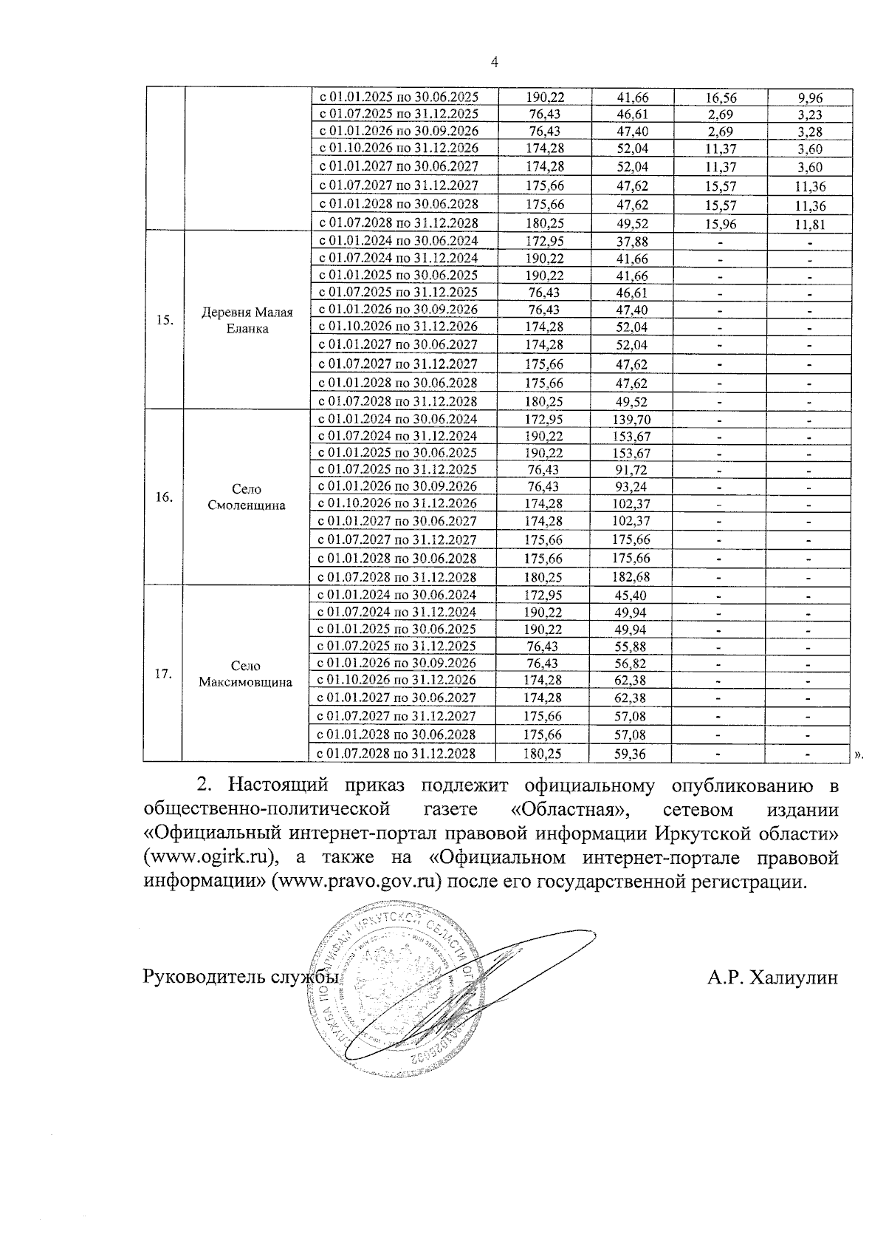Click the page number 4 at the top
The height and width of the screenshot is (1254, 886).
point(495,63)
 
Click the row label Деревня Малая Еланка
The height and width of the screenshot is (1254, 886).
point(247,321)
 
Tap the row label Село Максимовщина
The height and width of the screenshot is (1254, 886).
point(245,674)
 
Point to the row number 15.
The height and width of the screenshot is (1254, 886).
point(165,320)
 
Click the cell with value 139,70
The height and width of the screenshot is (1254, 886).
point(631,420)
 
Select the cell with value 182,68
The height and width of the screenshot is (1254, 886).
point(631,577)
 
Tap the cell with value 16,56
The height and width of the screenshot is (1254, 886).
point(721,98)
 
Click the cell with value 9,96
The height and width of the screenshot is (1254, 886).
point(810,98)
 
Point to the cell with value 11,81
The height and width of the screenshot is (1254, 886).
point(810,225)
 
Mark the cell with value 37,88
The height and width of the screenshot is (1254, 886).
point(631,242)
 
